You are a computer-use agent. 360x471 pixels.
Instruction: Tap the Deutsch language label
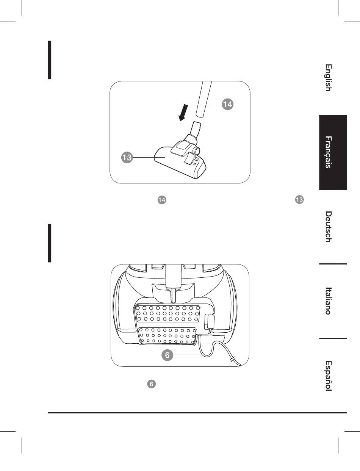click(x=329, y=227)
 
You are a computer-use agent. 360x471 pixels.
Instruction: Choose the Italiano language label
click(x=329, y=301)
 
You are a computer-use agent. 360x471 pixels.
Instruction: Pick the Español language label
click(x=329, y=376)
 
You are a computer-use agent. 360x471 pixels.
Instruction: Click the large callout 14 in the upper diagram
click(x=227, y=104)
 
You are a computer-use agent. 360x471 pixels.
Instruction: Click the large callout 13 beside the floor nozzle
click(x=127, y=157)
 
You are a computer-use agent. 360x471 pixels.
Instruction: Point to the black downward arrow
click(x=183, y=113)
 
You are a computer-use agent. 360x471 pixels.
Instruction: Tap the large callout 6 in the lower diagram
click(x=167, y=355)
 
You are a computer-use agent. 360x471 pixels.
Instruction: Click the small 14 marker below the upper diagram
click(x=162, y=200)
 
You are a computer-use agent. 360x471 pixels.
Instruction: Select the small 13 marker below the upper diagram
click(x=299, y=200)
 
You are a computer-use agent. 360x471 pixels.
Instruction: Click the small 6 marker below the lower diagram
click(x=152, y=384)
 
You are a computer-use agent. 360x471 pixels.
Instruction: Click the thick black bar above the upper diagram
click(x=50, y=60)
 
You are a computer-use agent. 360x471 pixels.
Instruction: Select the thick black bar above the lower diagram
click(x=50, y=243)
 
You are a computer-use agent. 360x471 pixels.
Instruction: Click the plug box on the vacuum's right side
click(x=210, y=321)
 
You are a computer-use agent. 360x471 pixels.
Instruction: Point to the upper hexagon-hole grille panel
click(x=167, y=313)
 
